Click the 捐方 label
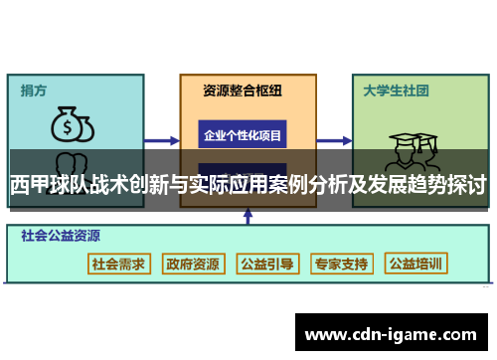coord(34,90)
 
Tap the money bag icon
coord(69,125)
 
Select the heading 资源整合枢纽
coord(243,90)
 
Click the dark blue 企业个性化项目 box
coord(243,134)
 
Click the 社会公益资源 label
coord(59,237)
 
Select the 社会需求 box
coord(119,265)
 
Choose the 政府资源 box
coord(193,265)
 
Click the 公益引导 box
coord(267,265)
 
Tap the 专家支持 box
coord(341,265)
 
